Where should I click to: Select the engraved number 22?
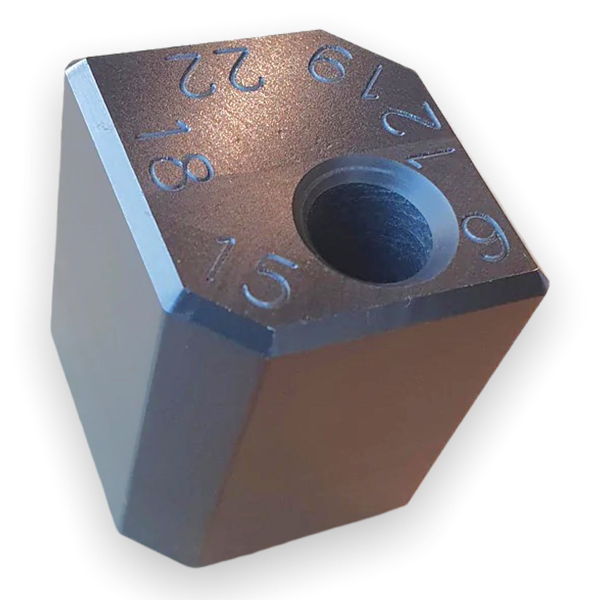[214, 73]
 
